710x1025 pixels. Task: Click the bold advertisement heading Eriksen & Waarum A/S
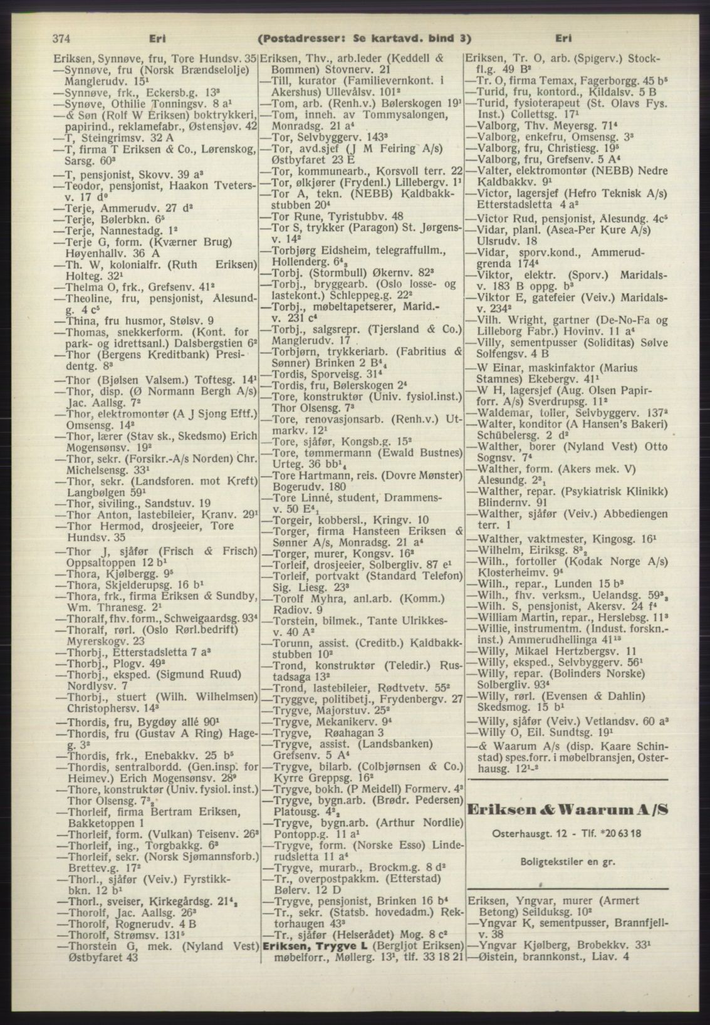(x=568, y=809)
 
